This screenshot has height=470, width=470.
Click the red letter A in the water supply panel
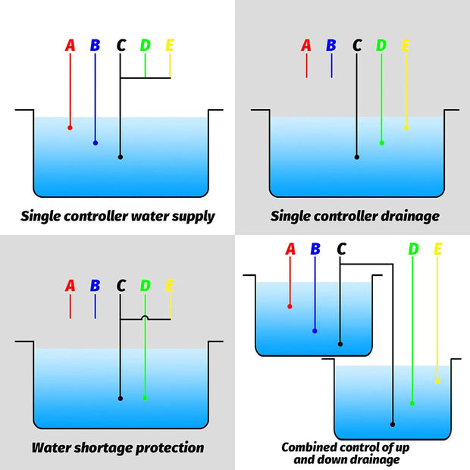(70, 45)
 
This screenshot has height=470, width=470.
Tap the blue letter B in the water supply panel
(95, 45)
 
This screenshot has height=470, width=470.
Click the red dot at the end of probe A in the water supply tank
(70, 127)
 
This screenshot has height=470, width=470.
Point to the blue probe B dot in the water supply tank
(96, 143)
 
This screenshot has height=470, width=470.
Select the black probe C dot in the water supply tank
(121, 157)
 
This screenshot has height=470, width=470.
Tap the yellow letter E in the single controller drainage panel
(406, 45)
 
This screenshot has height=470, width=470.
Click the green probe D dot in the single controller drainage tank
(381, 143)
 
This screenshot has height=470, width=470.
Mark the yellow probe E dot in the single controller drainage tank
(406, 127)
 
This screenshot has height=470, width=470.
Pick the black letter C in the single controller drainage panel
(357, 45)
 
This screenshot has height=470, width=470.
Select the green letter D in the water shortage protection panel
(145, 287)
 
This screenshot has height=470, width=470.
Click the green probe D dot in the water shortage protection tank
(145, 398)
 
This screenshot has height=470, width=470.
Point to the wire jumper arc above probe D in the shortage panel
(145, 318)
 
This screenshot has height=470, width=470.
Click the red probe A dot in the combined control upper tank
(290, 306)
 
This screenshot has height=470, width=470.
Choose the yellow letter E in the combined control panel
(438, 249)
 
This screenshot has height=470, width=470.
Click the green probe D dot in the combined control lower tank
(412, 403)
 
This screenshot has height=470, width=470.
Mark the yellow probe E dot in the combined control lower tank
(437, 381)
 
